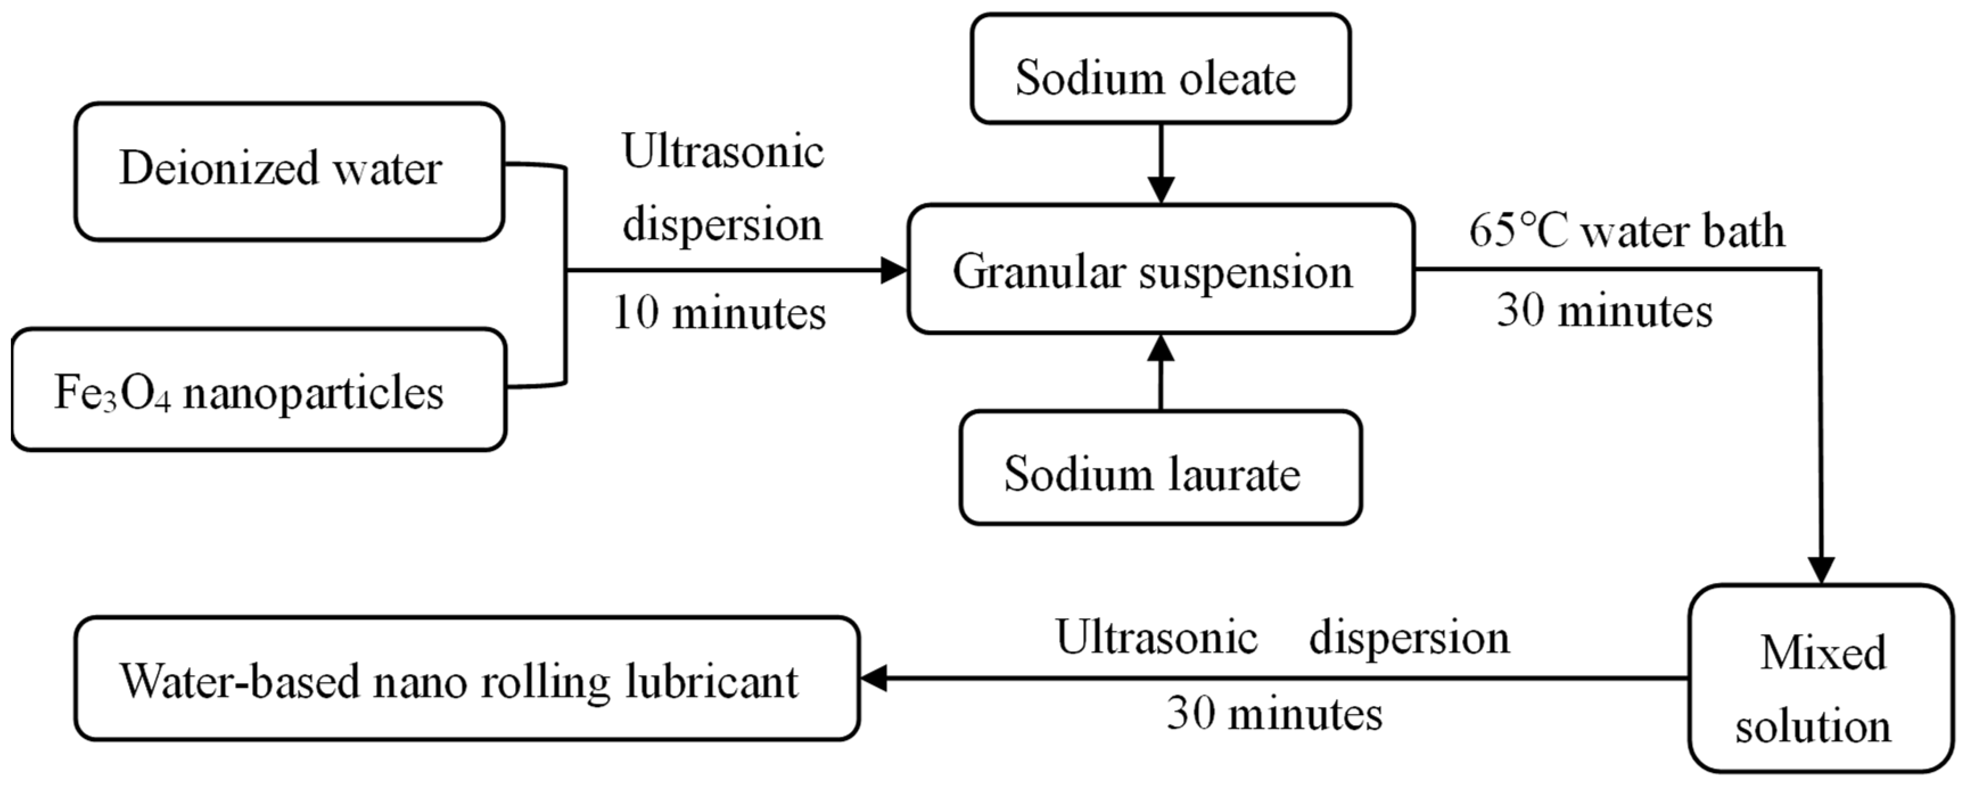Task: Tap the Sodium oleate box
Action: point(1160,69)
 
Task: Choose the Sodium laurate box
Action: point(1160,467)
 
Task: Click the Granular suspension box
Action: point(1160,269)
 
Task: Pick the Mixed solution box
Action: point(1821,678)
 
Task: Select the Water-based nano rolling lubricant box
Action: point(466,678)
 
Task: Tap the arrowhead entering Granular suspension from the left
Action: point(893,270)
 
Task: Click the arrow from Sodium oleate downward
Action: point(1160,163)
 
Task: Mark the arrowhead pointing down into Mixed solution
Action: point(1821,570)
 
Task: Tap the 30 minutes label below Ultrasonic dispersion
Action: point(1274,714)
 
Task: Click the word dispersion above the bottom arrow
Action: point(1408,637)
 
